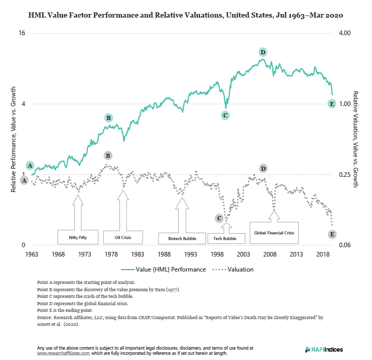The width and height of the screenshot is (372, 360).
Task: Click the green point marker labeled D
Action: pyautogui.click(x=263, y=52)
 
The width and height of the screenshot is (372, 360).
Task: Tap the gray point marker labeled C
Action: pyautogui.click(x=220, y=218)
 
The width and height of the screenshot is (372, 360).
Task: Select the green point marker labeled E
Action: pyautogui.click(x=333, y=103)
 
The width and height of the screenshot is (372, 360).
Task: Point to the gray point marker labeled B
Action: pyautogui.click(x=108, y=155)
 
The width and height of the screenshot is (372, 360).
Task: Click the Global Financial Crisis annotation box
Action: pyautogui.click(x=274, y=233)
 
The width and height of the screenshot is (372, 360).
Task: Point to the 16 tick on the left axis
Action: pyautogui.click(x=22, y=33)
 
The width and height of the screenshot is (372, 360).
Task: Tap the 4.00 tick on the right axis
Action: pyautogui.click(x=344, y=33)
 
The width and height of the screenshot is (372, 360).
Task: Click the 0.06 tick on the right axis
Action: pyautogui.click(x=344, y=245)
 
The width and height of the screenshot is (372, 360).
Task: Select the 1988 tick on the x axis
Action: pyautogui.click(x=164, y=254)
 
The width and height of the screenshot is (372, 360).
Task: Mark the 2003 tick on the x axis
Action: pyautogui.click(x=243, y=254)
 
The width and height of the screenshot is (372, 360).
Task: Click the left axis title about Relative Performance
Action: pyautogui.click(x=13, y=140)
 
